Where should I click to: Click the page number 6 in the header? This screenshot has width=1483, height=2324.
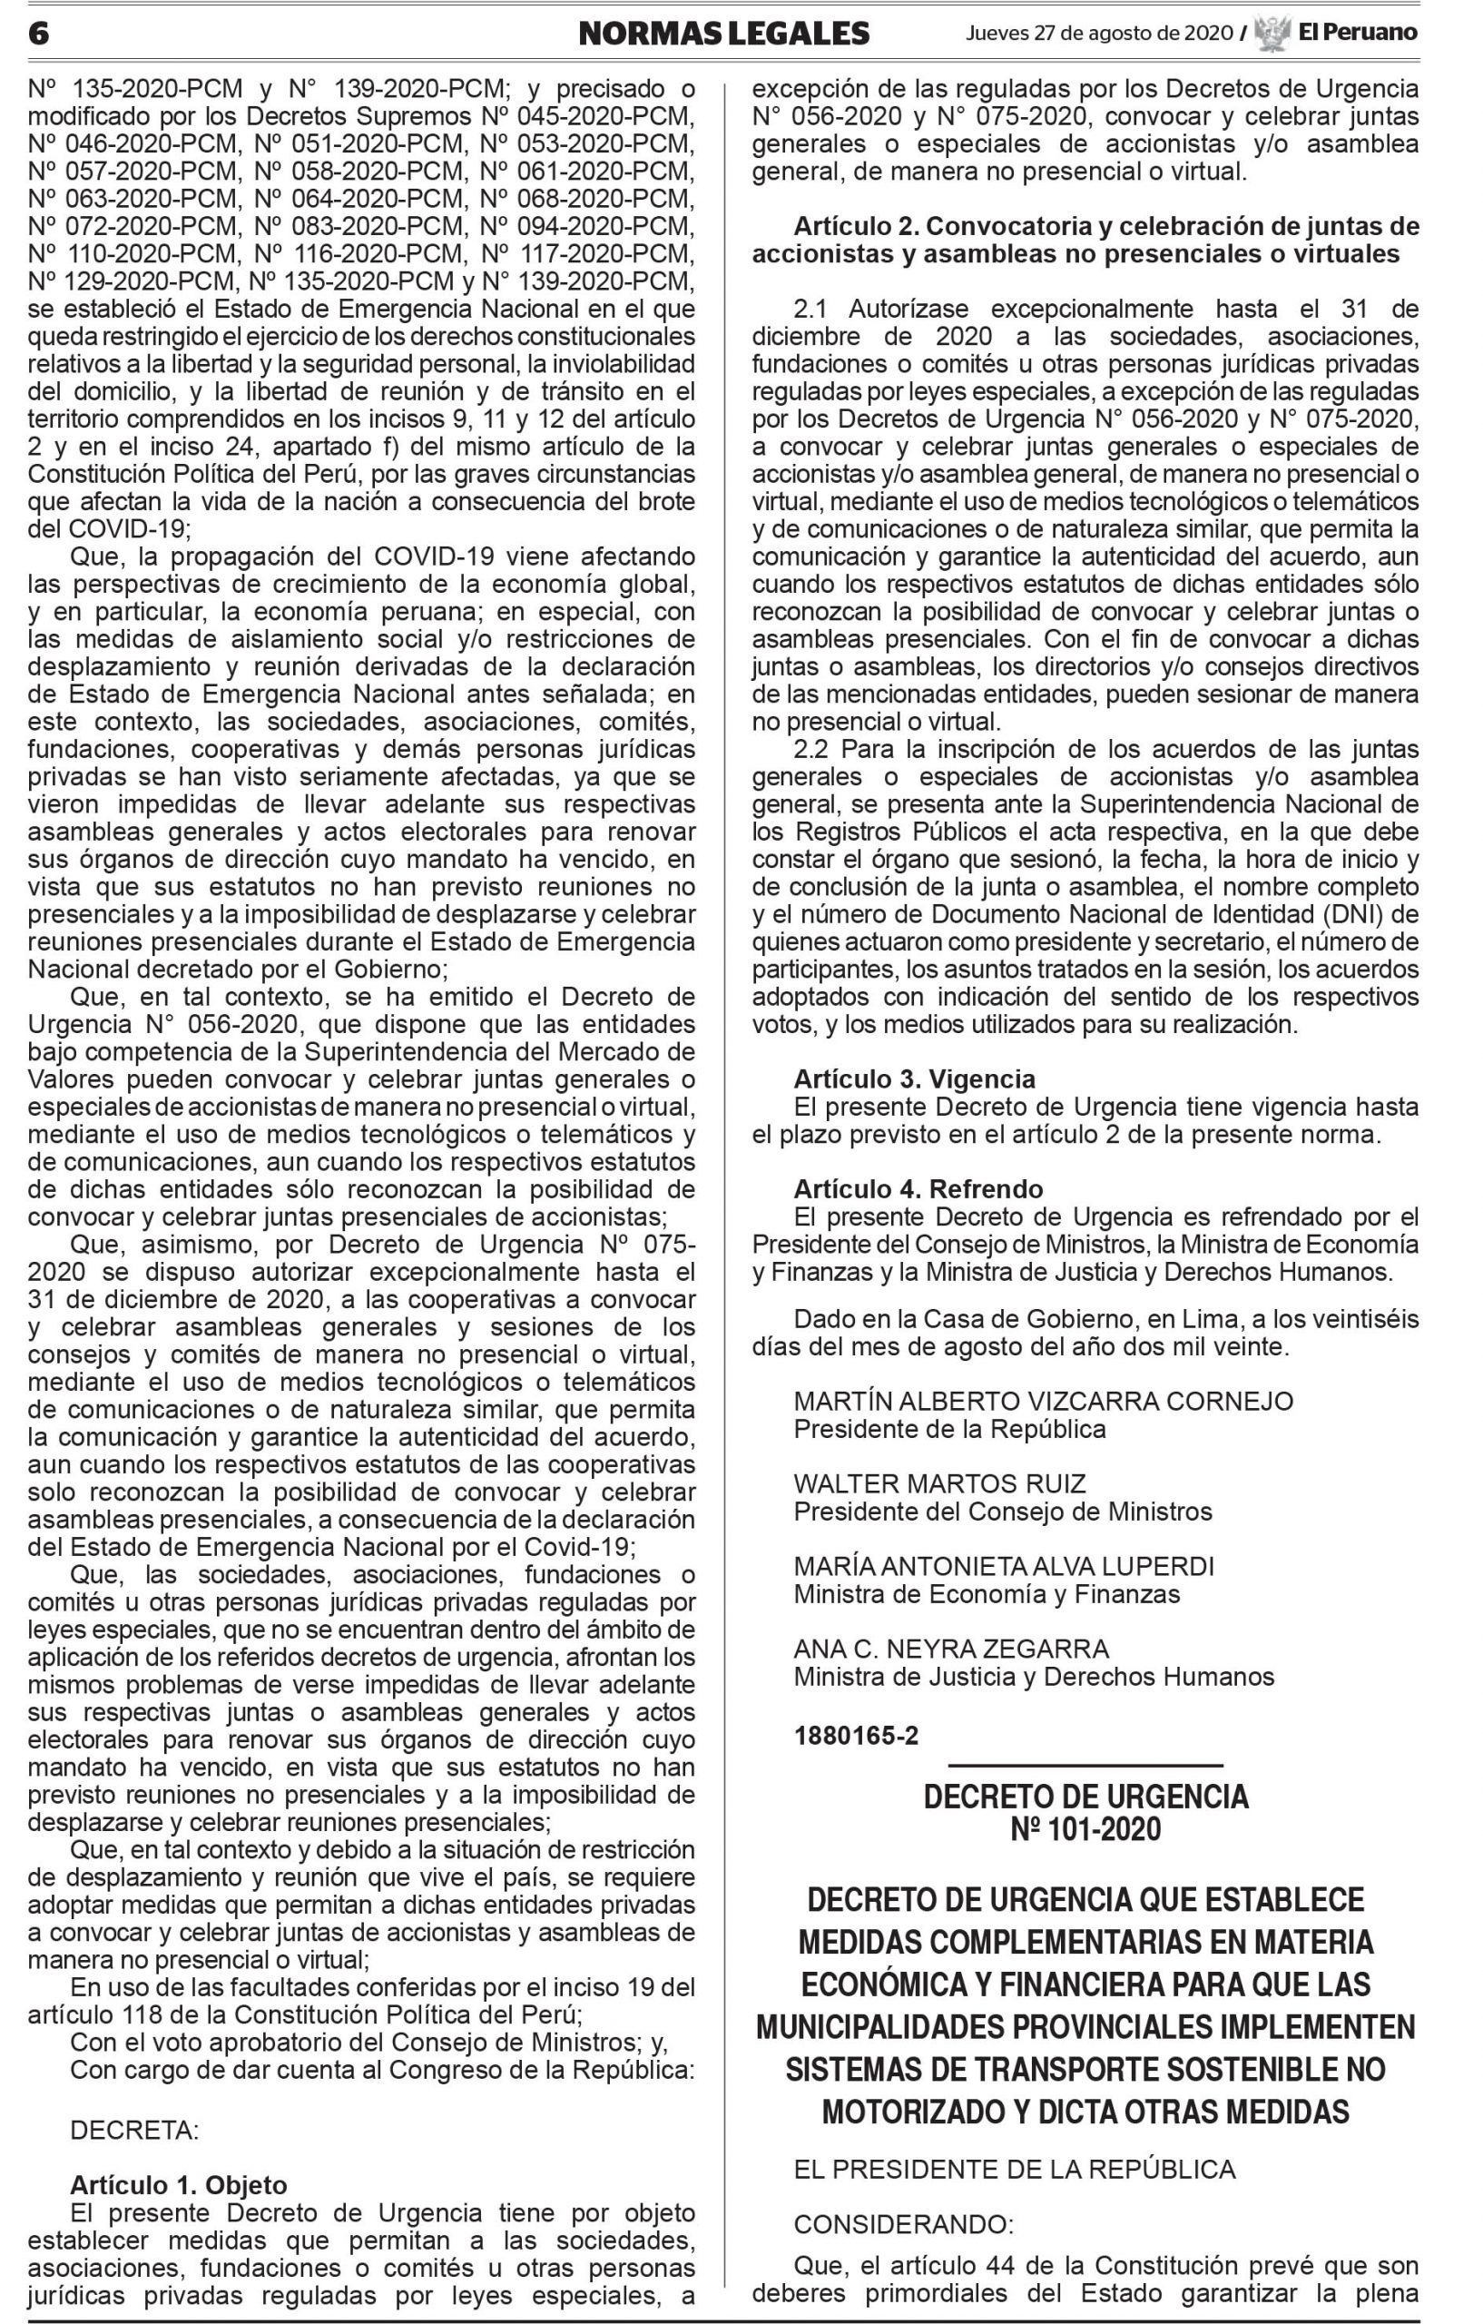pyautogui.click(x=39, y=34)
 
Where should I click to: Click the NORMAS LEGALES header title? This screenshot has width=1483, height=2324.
pyautogui.click(x=723, y=34)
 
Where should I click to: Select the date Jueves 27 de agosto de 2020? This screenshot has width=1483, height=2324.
pyautogui.click(x=1099, y=34)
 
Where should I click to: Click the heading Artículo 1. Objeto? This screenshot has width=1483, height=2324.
pyautogui.click(x=179, y=2185)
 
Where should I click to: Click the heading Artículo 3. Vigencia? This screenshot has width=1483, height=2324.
pyautogui.click(x=914, y=1079)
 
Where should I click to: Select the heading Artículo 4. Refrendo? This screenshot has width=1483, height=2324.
pyautogui.click(x=918, y=1189)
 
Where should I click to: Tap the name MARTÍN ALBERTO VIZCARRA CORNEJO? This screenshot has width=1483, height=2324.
pyautogui.click(x=1043, y=1401)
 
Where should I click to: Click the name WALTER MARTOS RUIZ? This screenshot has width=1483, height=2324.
pyautogui.click(x=939, y=1483)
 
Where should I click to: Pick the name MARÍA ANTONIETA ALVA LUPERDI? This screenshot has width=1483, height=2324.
pyautogui.click(x=1004, y=1565)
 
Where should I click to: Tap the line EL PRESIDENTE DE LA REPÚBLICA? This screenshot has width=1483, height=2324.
pyautogui.click(x=1014, y=2170)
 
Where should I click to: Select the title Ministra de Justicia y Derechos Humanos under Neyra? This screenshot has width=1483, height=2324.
pyautogui.click(x=1034, y=1677)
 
